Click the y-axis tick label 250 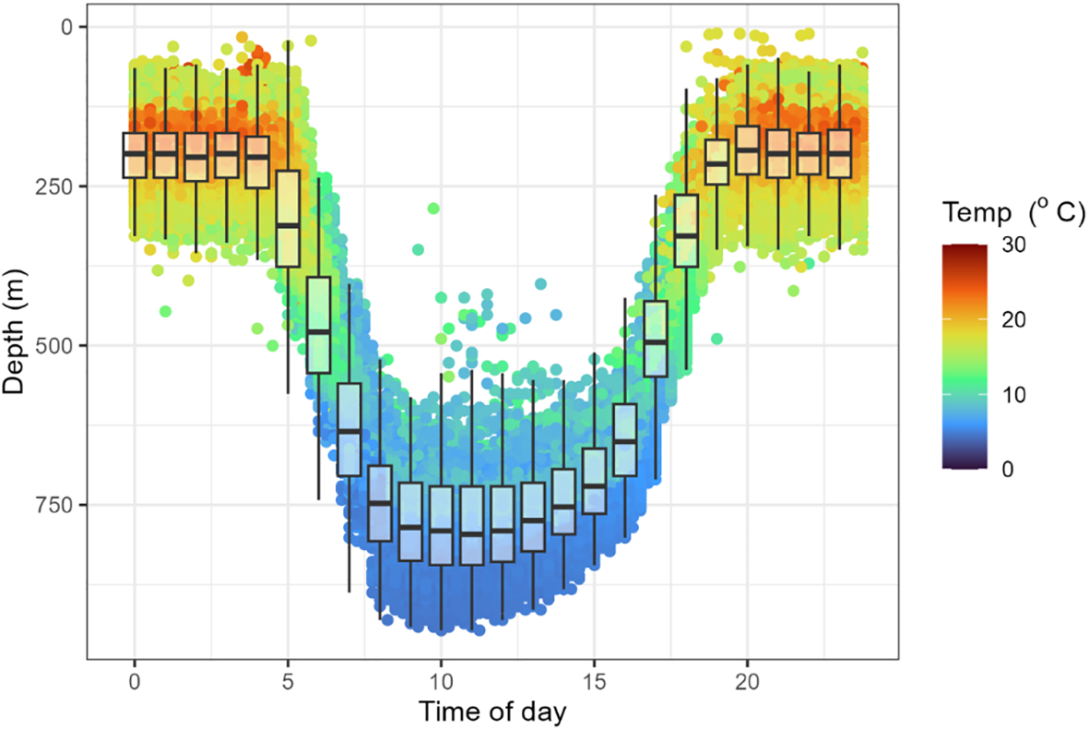[57, 186]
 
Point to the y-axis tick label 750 [57, 506]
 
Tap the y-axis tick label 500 [57, 346]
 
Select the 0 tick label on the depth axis [68, 27]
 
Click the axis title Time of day [492, 712]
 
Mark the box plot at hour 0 [135, 155]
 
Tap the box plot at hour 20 [747, 150]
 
